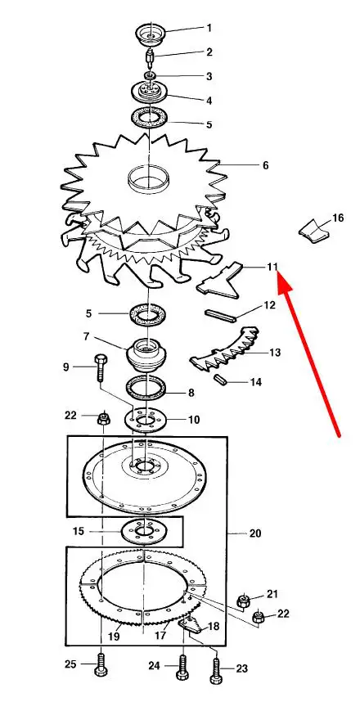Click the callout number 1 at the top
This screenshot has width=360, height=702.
[x=209, y=28]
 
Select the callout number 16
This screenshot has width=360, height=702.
[x=338, y=218]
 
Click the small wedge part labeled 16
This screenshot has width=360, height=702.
[x=315, y=232]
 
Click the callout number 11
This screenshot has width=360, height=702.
[x=272, y=268]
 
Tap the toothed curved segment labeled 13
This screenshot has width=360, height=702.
[x=224, y=349]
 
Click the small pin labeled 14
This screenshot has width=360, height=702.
[x=220, y=379]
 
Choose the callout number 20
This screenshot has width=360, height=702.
[x=254, y=533]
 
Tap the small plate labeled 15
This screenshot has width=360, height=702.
[x=144, y=532]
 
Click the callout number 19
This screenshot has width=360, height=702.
[x=114, y=636]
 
